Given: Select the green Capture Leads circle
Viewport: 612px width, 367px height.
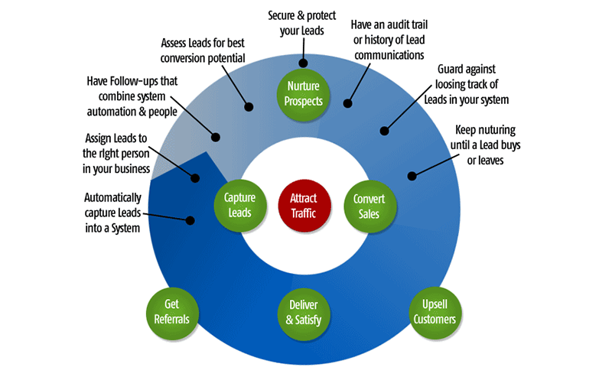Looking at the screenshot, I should click(x=239, y=204).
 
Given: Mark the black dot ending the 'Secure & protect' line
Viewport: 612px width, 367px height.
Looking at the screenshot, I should click(x=304, y=63).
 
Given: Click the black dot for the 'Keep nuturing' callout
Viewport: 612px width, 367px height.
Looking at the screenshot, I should click(x=412, y=177).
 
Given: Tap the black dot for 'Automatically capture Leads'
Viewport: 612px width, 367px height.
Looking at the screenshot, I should click(x=190, y=220).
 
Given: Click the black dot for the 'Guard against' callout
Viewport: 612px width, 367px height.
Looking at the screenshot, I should click(x=385, y=130).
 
